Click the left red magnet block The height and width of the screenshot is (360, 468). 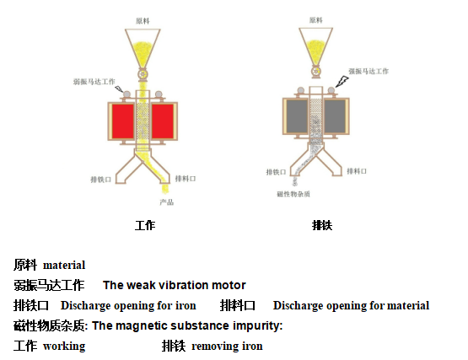(123, 121)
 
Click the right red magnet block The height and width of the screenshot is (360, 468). (163, 121)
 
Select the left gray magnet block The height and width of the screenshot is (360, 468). (298, 116)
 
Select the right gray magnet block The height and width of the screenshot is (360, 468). (335, 116)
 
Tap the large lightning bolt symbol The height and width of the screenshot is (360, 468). (342, 81)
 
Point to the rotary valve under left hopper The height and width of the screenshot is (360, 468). (143, 74)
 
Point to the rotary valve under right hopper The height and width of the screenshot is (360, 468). (315, 72)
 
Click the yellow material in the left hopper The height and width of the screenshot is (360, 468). (143, 54)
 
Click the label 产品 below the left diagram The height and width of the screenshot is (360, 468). (167, 202)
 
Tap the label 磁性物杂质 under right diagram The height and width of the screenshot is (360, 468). (293, 194)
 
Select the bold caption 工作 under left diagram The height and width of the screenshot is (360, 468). (145, 225)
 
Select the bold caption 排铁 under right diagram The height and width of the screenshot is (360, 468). (322, 225)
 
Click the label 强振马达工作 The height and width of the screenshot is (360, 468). (368, 71)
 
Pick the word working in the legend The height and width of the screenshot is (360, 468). (64, 347)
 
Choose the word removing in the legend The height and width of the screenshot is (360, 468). (215, 347)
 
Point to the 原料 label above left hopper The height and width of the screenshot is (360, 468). (143, 21)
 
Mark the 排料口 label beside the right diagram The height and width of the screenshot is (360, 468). (357, 171)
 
